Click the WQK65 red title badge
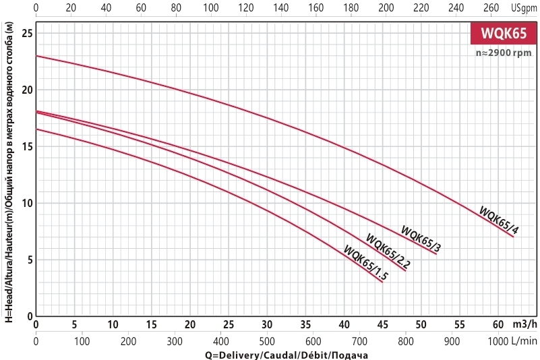coord(502,34)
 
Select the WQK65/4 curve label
coord(499,220)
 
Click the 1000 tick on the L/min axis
coord(499,342)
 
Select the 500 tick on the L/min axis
coord(268,342)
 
